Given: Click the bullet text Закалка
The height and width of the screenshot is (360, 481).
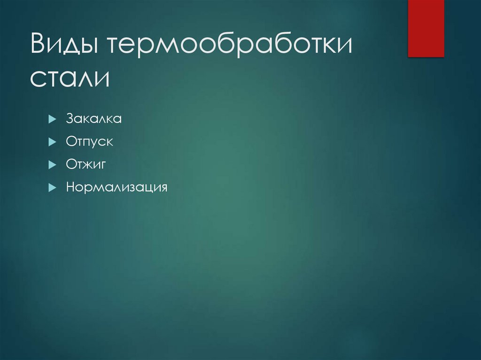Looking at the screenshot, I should pos(94,119).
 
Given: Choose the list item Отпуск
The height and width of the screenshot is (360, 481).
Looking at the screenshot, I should pos(89,142).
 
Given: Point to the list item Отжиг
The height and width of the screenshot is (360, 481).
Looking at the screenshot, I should pos(87,165).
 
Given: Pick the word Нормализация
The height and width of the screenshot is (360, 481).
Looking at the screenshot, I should pos(116,188).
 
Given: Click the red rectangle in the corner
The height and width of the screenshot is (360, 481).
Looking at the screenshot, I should pos(426,28).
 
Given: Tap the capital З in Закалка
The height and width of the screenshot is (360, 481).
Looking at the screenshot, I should pos(70,119).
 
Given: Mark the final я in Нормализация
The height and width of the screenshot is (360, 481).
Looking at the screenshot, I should pos(163,188).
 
